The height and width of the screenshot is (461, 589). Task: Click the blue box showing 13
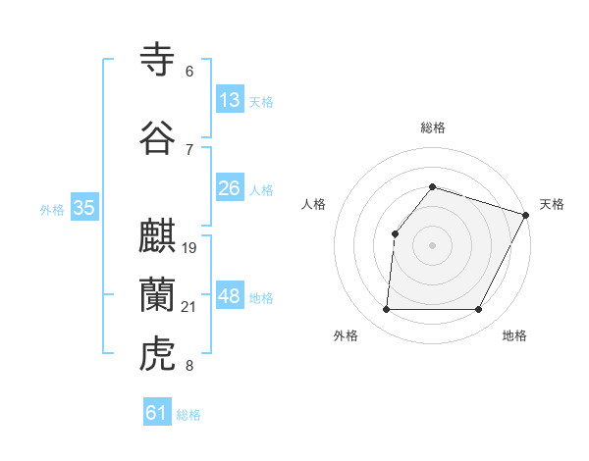[x=230, y=100]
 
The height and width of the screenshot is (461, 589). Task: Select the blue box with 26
[x=230, y=188]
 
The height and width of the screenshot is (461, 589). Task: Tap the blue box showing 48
[x=230, y=296]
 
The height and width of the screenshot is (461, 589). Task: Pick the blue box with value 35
[x=84, y=208]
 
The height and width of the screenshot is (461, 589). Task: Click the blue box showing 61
[x=157, y=413]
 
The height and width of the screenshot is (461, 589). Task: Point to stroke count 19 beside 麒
[x=189, y=247]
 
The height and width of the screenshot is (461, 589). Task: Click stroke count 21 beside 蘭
[x=189, y=308]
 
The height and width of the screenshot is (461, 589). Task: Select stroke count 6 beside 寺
[x=189, y=72]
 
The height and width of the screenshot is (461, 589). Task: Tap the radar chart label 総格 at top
[x=432, y=128]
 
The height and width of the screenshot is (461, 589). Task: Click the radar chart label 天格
[x=552, y=204]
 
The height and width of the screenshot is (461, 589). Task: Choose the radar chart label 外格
[x=346, y=335]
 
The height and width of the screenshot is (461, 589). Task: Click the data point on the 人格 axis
[x=395, y=233]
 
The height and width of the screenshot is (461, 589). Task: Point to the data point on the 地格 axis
[x=478, y=309]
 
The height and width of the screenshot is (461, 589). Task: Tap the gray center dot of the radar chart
[x=432, y=244]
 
